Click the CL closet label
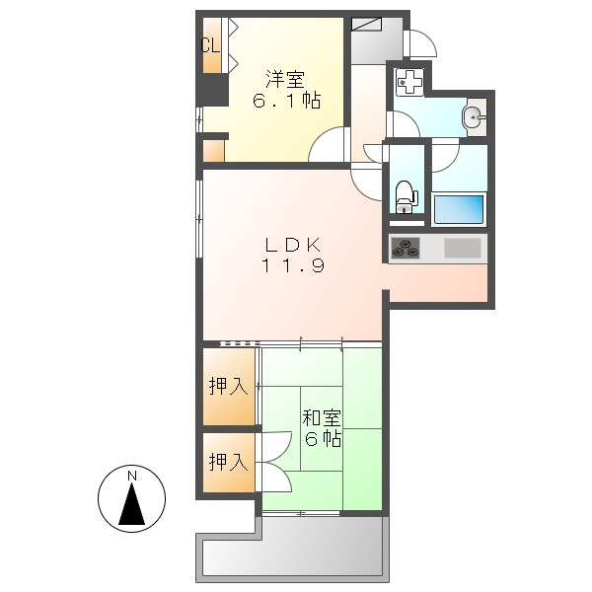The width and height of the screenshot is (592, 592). coord(208,44)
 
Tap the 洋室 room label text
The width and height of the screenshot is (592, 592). coord(282,76)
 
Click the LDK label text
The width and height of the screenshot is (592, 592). coord(292,244)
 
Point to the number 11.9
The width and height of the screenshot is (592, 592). coord(292,265)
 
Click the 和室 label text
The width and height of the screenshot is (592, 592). coord(322,417)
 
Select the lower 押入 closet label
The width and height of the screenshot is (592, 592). coord(228,461)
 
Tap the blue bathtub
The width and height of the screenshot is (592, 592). coord(459,209)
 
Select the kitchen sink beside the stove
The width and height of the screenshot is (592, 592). coord(462,248)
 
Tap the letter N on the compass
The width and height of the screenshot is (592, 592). coord(131,477)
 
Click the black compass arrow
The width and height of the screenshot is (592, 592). coord(131,505)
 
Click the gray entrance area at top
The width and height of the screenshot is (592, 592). coord(374,39)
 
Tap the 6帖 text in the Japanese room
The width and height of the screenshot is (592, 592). coord(323,439)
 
